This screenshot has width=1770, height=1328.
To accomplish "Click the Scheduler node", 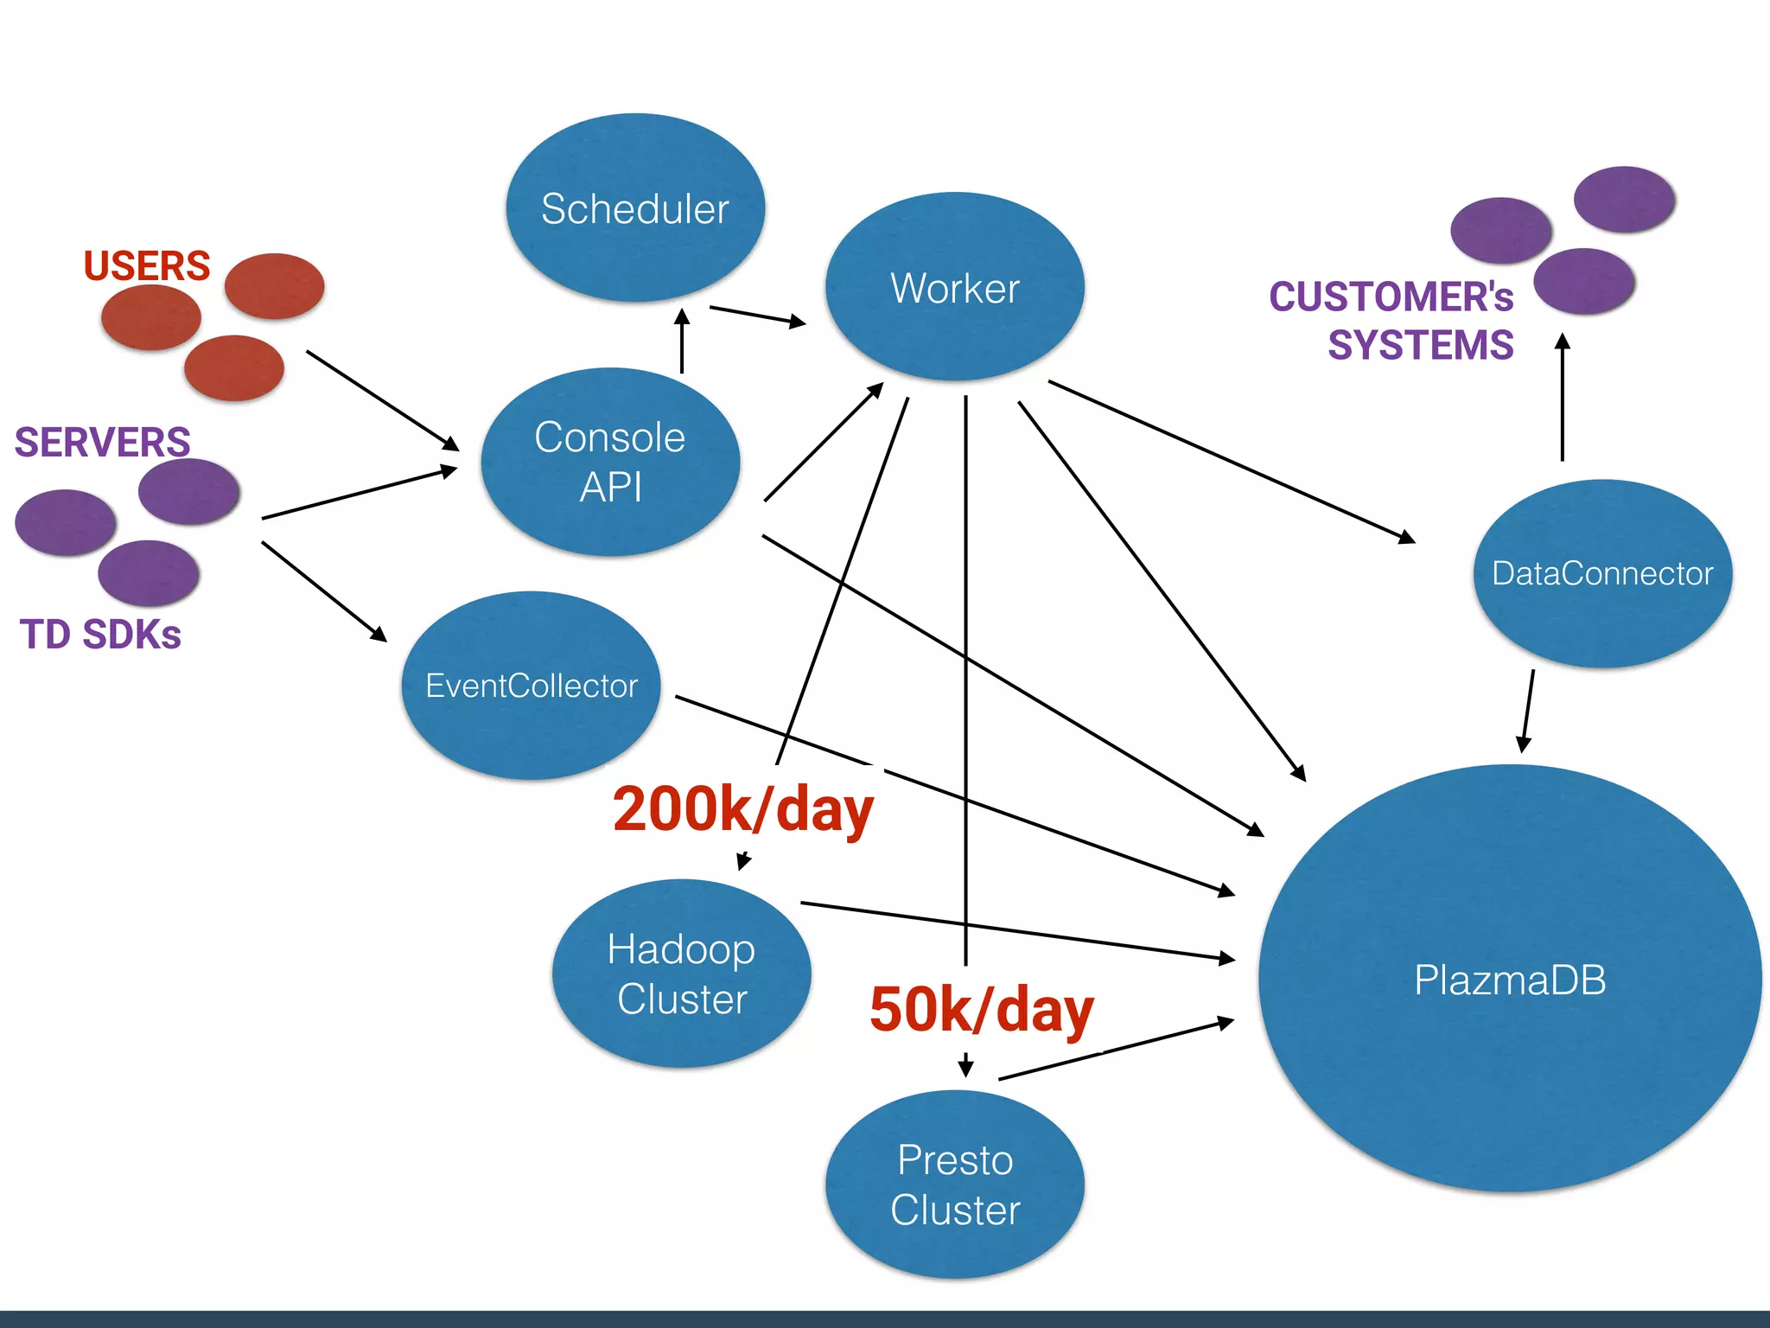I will coord(635,208).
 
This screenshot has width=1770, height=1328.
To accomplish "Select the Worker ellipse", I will coord(954,287).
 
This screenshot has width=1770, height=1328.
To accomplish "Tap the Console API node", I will coord(610,462).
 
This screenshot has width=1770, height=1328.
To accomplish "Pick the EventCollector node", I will coord(531,686).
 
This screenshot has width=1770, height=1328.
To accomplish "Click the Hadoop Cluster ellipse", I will coord(681,974).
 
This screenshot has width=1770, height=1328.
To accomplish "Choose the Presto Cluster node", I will coord(954,1184).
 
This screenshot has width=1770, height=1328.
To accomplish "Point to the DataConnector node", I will coord(1601,573).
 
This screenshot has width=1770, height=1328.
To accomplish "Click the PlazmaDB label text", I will coord(1509,980).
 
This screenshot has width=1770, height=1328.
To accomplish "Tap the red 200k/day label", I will coord(742,809).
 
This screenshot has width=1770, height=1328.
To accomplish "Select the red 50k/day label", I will coord(981,1010).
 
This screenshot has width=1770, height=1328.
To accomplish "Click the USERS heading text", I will coord(147,265).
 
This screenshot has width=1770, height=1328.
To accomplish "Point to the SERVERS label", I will coord(102,442).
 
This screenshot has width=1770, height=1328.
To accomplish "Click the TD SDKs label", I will coord(100,635).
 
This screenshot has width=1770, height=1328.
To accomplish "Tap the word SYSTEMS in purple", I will coord(1420,345).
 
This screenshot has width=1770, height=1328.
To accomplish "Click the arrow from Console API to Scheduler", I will coord(682,342).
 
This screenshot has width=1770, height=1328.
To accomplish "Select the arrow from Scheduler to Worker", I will coord(757,316).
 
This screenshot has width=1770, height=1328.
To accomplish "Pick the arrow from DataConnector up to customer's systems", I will coord(1562,398).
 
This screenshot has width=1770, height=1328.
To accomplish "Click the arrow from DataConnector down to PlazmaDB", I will coord(1528,711).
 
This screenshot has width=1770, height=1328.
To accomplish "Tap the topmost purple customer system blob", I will coord(1624,200).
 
